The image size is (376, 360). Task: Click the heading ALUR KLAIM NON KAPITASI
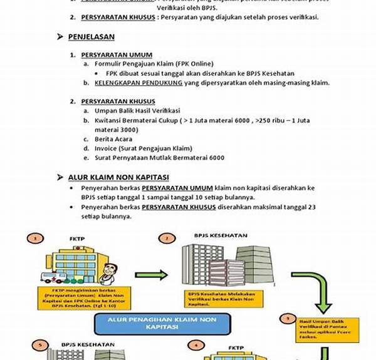[x=118, y=177]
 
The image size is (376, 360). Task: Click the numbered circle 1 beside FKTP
[x=36, y=238]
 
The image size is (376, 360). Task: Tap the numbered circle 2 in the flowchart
[x=166, y=239]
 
